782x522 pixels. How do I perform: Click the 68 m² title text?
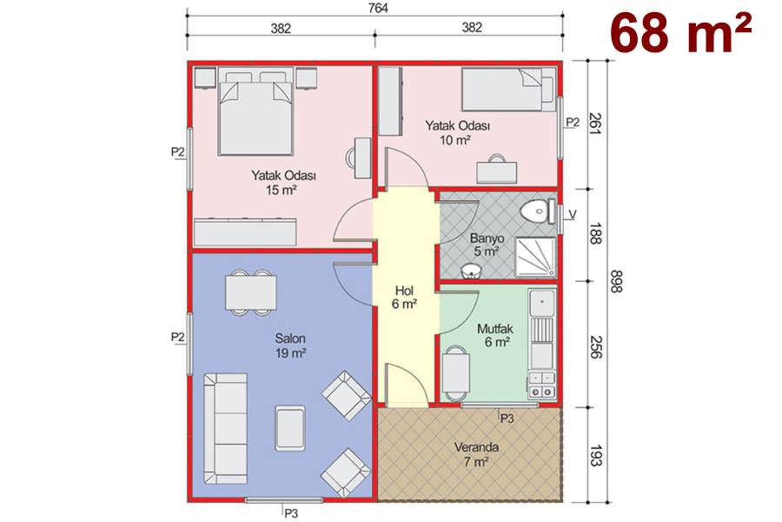click(680, 32)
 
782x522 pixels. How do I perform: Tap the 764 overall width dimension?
click(379, 8)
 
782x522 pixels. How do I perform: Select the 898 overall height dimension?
click(616, 281)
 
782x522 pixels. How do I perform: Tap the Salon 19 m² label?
click(290, 345)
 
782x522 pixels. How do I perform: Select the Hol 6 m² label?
click(404, 298)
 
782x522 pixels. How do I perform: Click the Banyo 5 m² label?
click(487, 244)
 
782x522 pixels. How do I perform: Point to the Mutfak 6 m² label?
click(495, 335)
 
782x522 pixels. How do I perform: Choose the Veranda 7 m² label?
click(476, 454)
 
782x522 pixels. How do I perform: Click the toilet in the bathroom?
click(538, 211)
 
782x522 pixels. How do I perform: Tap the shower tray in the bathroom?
click(535, 257)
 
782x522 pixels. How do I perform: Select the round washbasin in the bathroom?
click(471, 271)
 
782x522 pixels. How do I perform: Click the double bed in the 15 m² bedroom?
click(255, 113)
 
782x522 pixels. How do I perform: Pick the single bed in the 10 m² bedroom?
click(508, 90)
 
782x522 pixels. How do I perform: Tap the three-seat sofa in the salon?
click(225, 428)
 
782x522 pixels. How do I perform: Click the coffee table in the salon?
click(290, 427)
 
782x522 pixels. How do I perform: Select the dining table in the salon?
click(250, 292)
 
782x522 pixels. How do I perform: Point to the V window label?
click(573, 214)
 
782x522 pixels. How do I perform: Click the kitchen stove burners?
click(541, 385)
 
